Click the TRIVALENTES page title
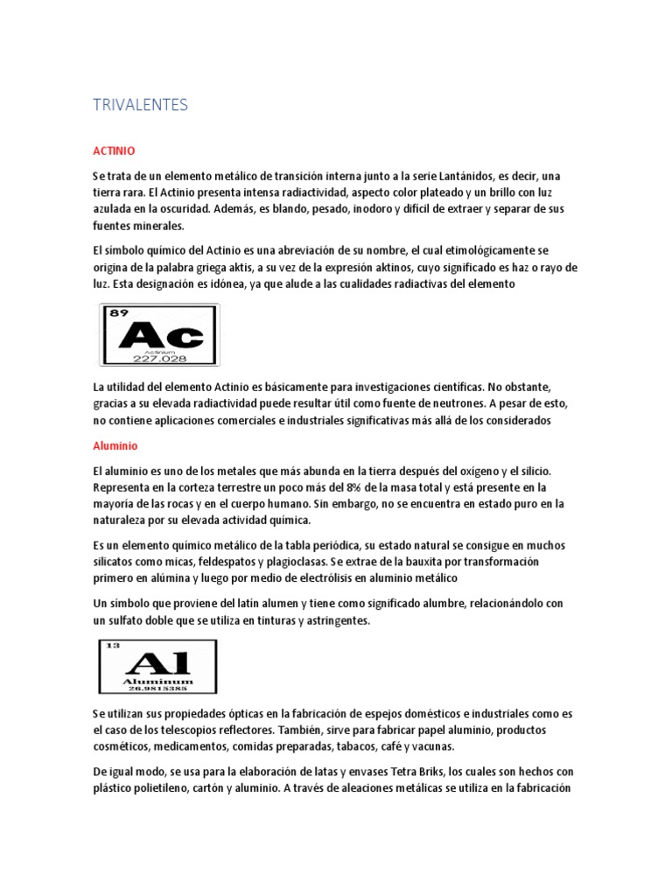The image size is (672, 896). (140, 105)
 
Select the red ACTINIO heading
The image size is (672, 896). (114, 150)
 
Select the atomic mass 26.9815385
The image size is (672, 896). (157, 686)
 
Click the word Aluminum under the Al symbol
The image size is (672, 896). (157, 678)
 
